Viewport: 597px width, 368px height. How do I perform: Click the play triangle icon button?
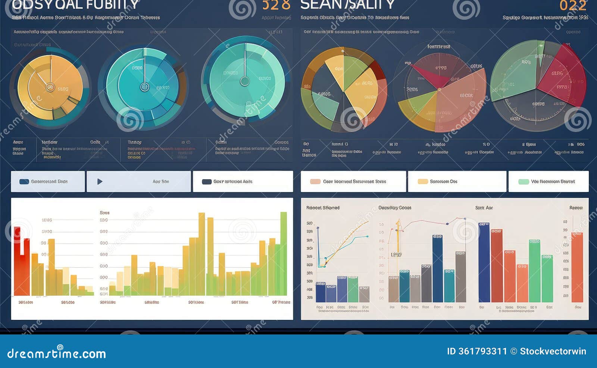[100, 182]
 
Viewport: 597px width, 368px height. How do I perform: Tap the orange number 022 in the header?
[573, 6]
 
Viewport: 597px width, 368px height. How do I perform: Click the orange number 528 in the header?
[276, 5]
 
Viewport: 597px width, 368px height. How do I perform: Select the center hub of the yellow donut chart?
[50, 87]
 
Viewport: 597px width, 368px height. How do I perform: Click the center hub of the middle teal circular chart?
[144, 87]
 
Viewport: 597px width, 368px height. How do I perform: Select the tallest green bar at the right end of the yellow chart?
[284, 254]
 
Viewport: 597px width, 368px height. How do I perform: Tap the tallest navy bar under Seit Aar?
[484, 263]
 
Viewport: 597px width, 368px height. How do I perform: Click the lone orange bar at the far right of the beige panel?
[577, 267]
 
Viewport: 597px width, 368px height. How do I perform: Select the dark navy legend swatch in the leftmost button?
[24, 182]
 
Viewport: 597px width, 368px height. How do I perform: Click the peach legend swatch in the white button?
[315, 182]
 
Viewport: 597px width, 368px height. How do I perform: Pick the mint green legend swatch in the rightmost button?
[523, 182]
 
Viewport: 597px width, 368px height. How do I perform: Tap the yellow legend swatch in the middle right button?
[422, 182]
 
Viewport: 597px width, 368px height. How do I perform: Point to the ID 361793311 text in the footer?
[477, 351]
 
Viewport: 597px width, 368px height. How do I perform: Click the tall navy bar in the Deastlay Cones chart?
[437, 268]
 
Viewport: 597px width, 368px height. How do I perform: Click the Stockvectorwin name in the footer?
[553, 351]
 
